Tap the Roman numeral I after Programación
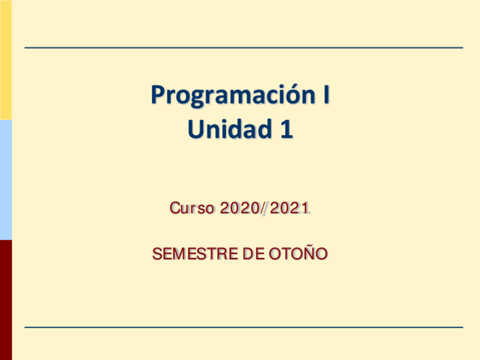pos(326,95)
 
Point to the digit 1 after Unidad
pos(287,130)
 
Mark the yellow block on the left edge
pos(6,59)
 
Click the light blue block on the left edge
pos(6,179)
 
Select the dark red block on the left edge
pos(6,299)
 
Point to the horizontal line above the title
pos(243,48)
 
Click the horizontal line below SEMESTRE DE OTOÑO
pos(243,327)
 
